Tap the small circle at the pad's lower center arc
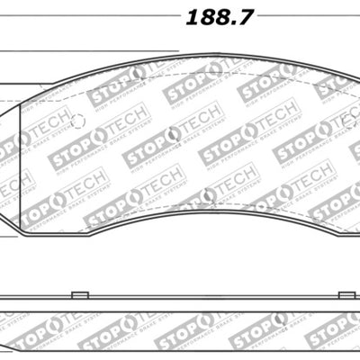[211, 192]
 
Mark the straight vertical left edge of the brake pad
[20, 171]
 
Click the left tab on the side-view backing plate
[78, 294]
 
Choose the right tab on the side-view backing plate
[343, 294]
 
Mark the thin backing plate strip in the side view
[180, 301]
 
